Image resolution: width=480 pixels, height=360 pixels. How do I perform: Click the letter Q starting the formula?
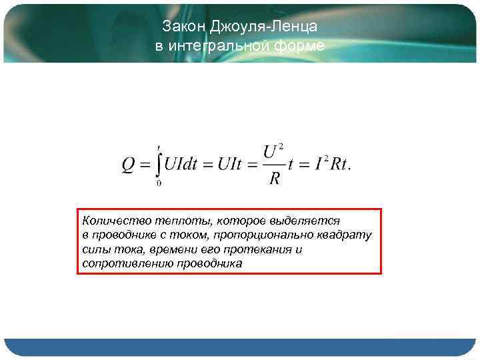129,165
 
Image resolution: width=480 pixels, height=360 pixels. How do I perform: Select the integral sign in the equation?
159,164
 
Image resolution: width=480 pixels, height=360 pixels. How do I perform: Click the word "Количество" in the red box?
109,219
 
